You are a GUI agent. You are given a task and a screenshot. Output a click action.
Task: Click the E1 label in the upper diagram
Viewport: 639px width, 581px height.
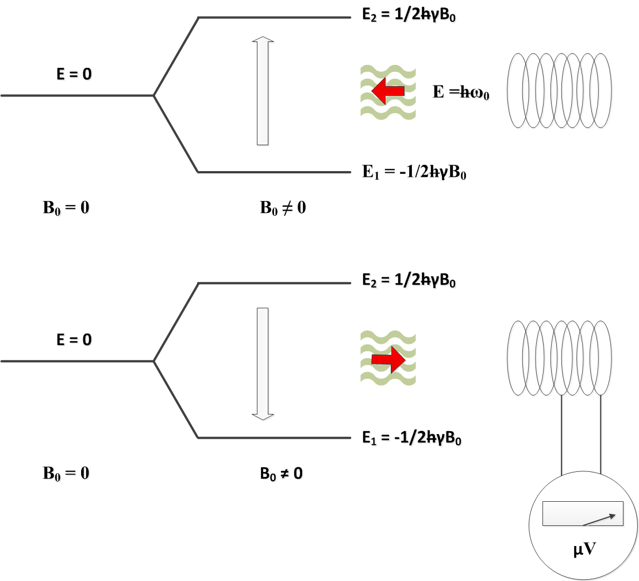tap(413, 171)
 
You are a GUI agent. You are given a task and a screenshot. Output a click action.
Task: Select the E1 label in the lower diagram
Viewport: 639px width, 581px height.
tap(412, 438)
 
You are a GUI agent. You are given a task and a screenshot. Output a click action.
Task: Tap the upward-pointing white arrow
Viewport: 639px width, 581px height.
tap(263, 91)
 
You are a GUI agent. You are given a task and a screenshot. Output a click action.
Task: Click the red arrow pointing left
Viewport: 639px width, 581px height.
tap(387, 90)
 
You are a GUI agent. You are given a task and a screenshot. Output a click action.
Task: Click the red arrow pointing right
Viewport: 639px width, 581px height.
tap(388, 359)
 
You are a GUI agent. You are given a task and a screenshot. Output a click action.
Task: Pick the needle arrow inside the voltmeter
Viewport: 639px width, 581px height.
tap(602, 520)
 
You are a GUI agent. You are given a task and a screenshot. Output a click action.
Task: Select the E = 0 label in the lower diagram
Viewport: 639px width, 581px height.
tap(74, 339)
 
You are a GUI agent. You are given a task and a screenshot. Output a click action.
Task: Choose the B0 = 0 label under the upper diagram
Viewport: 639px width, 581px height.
tap(66, 207)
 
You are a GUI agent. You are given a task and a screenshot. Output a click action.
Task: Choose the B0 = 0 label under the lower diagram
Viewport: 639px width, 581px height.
tap(66, 474)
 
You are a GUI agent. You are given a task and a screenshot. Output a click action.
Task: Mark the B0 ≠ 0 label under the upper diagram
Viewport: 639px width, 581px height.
tap(283, 207)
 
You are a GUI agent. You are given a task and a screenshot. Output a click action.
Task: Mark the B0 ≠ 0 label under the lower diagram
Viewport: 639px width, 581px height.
tap(282, 474)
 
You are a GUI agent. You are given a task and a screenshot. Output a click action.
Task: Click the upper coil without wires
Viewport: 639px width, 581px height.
tap(559, 91)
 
